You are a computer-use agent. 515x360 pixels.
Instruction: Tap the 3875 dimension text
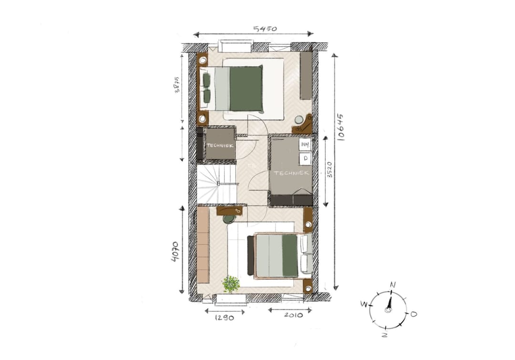point(177,86)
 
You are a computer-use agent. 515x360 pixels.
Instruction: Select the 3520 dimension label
point(330,169)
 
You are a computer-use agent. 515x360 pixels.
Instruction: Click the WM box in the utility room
point(305,144)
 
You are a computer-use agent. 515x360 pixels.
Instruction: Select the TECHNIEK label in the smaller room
point(220,145)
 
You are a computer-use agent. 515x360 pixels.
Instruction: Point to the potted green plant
point(232,284)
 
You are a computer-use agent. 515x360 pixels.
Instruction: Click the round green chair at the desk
point(229,219)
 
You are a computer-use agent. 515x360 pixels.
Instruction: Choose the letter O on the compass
point(413,314)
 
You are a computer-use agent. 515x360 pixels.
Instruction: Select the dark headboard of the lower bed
point(250,256)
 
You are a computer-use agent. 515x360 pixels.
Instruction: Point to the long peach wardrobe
point(203,250)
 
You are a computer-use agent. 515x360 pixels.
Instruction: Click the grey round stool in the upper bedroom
point(299,120)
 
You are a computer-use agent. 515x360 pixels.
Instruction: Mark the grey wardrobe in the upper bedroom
point(306,75)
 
